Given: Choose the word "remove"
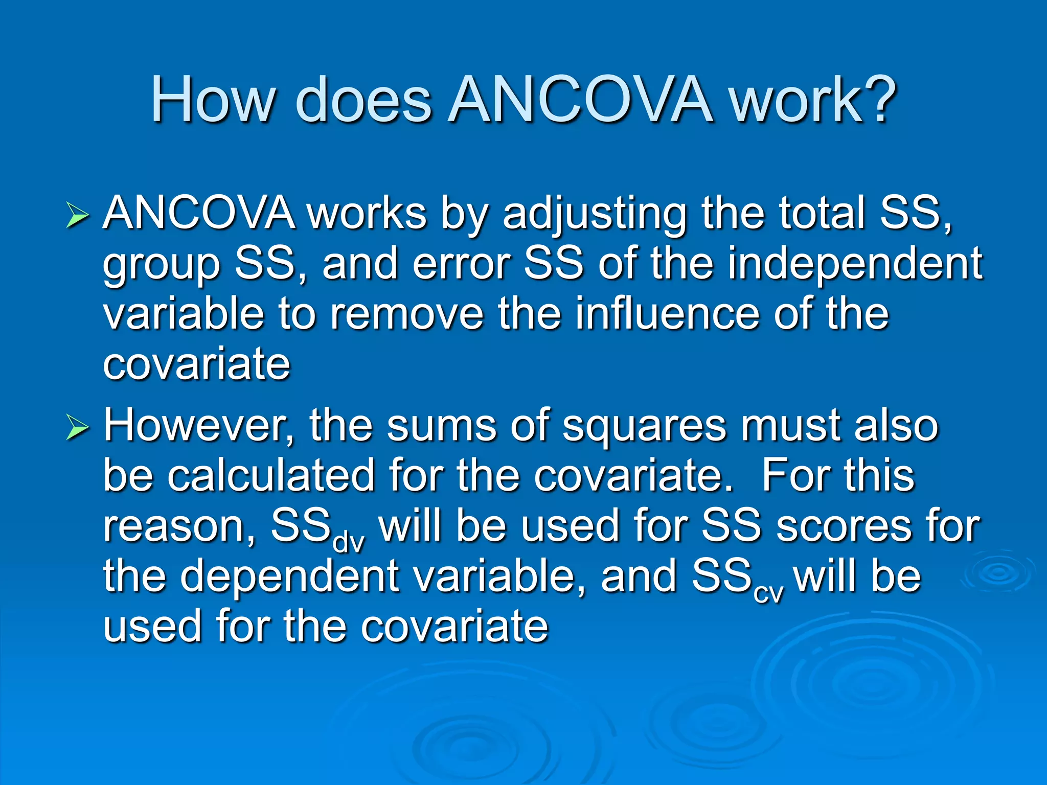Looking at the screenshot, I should click(407, 314).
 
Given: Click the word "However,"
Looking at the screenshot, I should click(199, 426).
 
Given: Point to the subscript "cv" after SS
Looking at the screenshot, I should click(768, 593).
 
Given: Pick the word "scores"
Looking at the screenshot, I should click(843, 526).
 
